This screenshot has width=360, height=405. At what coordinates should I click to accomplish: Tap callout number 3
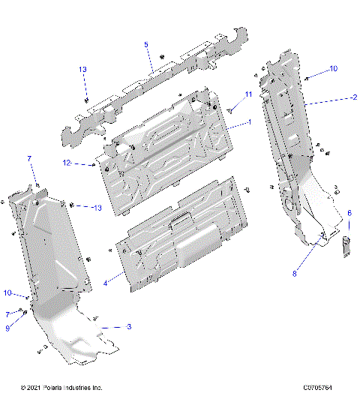click(128, 327)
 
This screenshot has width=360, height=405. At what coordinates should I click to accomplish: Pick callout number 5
click(146, 45)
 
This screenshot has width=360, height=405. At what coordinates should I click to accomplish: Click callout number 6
click(349, 213)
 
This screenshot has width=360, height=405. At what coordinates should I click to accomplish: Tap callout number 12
click(86, 162)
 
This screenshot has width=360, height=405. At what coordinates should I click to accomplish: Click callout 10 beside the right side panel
click(333, 68)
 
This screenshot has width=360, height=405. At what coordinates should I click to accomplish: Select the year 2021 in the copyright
click(34, 388)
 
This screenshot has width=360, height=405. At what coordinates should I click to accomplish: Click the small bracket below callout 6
click(347, 244)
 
